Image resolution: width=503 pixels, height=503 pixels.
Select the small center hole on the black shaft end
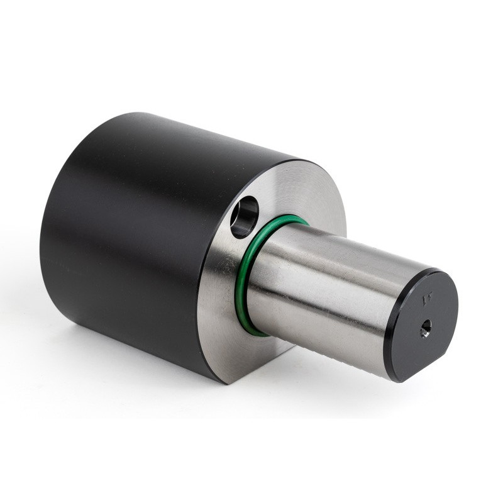click(426, 328)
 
